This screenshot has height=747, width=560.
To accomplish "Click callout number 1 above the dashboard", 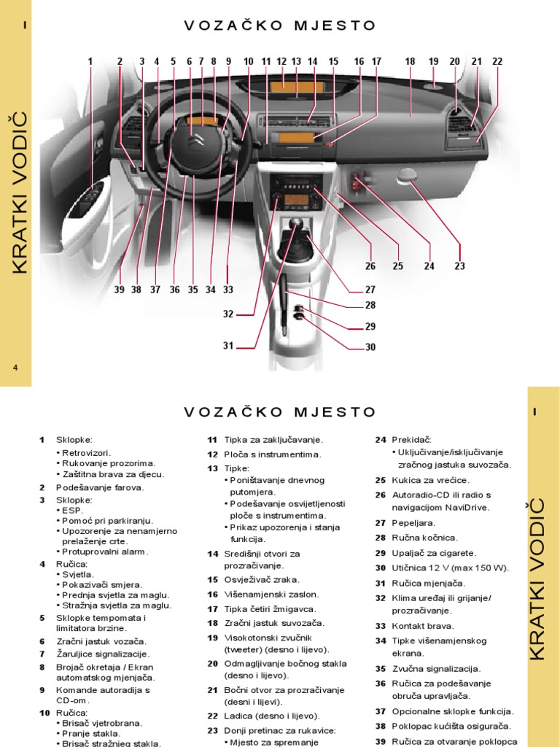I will click(90, 62).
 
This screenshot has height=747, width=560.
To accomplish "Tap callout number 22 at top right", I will click(497, 62).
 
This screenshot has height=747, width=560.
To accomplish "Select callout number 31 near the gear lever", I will click(228, 346).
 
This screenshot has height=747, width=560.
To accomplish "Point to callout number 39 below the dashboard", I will click(120, 290).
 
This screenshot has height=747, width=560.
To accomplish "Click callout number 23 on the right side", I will click(459, 266).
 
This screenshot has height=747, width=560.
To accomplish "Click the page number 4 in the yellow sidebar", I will click(15, 367).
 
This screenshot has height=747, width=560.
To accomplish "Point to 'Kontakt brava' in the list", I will click(426, 625).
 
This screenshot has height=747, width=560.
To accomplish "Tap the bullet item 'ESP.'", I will click(73, 511).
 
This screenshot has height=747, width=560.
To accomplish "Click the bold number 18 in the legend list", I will click(213, 623).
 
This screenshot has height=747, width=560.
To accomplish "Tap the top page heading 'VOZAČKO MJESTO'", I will click(280, 26).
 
